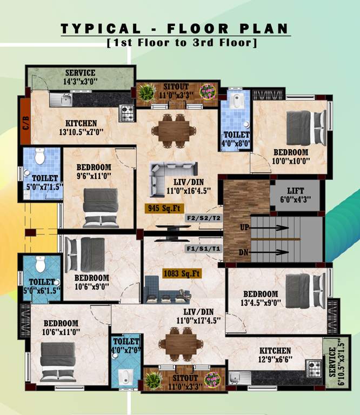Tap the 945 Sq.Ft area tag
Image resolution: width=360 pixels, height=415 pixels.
pos(163,207)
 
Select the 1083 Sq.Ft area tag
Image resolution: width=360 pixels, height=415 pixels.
pos(182,274)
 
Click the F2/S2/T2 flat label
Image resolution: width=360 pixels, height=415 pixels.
pos(203,218)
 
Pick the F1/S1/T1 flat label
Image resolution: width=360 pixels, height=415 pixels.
pos(203,249)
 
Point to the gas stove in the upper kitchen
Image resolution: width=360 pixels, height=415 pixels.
pos(126,112)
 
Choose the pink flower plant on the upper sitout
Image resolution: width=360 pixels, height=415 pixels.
pos(207,91)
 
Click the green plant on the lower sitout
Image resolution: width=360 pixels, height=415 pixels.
pos(154,380)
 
